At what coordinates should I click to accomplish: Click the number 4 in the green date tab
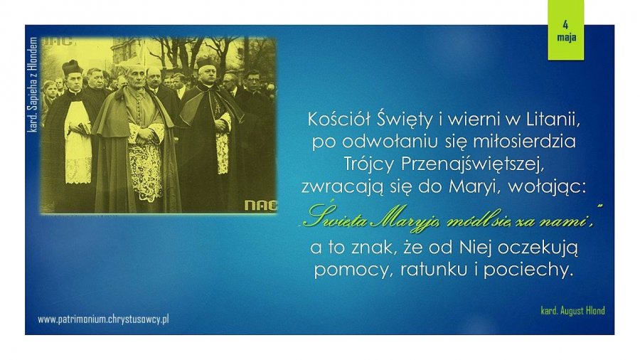tap(565, 25)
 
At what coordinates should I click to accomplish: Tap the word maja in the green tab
tap(567, 37)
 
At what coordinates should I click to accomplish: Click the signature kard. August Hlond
tap(572, 311)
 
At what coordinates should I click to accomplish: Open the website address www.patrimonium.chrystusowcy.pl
tap(103, 319)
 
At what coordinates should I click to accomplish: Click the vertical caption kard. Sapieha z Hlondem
tap(33, 85)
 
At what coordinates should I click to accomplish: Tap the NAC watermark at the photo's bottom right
tap(260, 206)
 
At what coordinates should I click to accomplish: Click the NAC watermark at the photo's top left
tap(57, 41)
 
